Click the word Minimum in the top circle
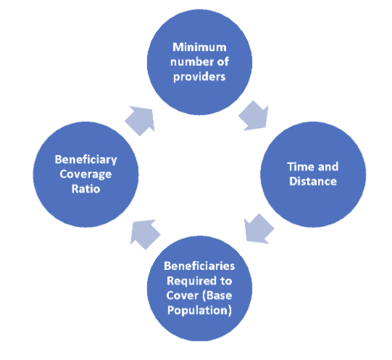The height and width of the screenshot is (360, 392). point(200,48)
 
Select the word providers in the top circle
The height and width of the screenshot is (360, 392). point(200,77)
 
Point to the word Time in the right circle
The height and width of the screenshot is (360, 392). point(298,167)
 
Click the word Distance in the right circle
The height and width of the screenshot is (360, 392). point(313,181)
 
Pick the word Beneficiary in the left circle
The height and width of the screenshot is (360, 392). point(86,160)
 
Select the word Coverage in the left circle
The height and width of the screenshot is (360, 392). point(86,174)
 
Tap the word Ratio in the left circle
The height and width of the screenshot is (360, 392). point(86,189)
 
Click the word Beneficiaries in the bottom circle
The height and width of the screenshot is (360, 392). point(200,266)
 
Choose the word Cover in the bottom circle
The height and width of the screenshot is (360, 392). point(182,296)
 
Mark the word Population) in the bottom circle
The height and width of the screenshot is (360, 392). point(200,311)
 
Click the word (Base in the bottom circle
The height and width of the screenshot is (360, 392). point(217,296)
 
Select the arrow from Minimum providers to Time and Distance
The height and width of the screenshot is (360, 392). point(255,116)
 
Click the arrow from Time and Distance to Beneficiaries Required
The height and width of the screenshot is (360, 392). point(258,229)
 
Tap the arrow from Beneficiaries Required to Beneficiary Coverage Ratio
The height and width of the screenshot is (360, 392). point(145,234)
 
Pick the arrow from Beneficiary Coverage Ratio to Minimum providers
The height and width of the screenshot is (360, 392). point(140,121)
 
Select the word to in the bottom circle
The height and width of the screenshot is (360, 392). point(226,281)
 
